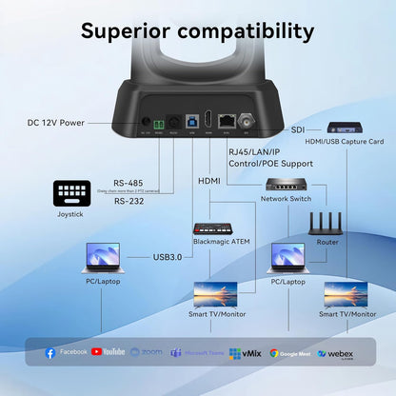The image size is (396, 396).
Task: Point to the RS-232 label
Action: click(129, 201)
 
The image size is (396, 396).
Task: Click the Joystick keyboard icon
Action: click(71, 193)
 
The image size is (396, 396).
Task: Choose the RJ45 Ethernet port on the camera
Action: click(228, 121)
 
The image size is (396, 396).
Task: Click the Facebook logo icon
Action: click(50, 352)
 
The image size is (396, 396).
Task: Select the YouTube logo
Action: click(108, 352)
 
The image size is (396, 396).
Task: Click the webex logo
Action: click(334, 353)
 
